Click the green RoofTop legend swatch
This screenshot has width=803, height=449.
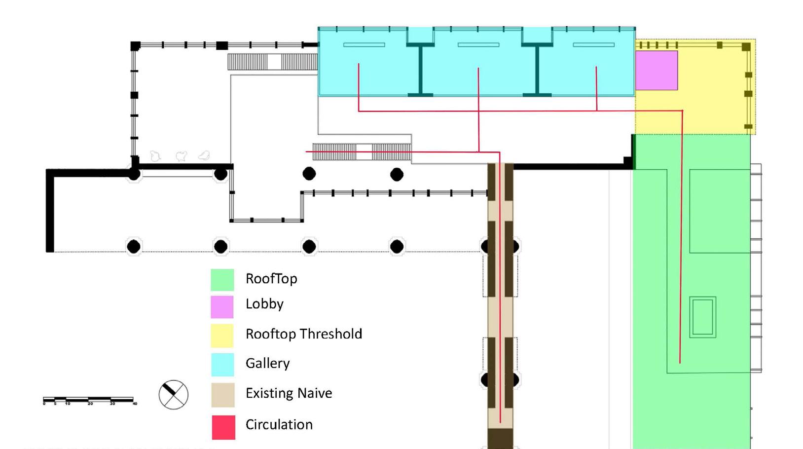[222, 279]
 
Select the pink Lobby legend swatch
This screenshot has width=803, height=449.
[222, 307]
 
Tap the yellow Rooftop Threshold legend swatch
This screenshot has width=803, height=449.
[222, 336]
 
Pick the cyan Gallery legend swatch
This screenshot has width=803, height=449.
[222, 365]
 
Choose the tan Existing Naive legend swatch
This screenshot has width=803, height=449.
[222, 395]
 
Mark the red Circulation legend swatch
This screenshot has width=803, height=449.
[223, 427]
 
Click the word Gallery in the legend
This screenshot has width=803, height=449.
[267, 364]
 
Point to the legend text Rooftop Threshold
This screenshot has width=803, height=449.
[303, 334]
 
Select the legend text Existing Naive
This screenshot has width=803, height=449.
[289, 393]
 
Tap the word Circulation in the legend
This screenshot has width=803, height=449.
[279, 425]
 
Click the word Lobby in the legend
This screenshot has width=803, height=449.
[264, 304]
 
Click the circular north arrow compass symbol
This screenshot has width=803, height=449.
[173, 395]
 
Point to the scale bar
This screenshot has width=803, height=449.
[88, 400]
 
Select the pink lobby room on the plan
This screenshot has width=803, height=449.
[657, 71]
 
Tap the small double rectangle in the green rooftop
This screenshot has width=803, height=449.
[702, 317]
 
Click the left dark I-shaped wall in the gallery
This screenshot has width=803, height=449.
[420, 70]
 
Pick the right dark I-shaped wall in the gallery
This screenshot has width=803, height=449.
[537, 70]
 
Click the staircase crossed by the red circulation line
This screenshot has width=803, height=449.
[362, 152]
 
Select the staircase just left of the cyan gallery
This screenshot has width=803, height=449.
[272, 62]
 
